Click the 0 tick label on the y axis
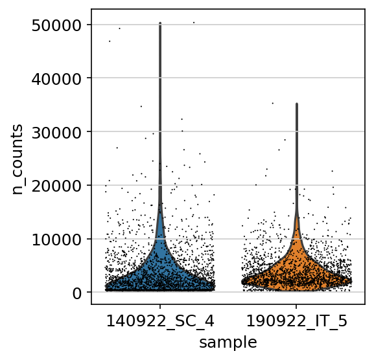77,293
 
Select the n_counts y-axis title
17,159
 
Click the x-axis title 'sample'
228,343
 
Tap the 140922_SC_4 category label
160,322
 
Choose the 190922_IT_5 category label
296,322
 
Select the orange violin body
297,267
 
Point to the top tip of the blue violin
160,23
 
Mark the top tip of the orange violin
297,104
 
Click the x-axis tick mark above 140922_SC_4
160,307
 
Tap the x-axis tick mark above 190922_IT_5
296,307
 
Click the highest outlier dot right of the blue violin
194,23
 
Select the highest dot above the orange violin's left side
273,103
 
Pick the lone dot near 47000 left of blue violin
110,41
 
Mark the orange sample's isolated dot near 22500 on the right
332,171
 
